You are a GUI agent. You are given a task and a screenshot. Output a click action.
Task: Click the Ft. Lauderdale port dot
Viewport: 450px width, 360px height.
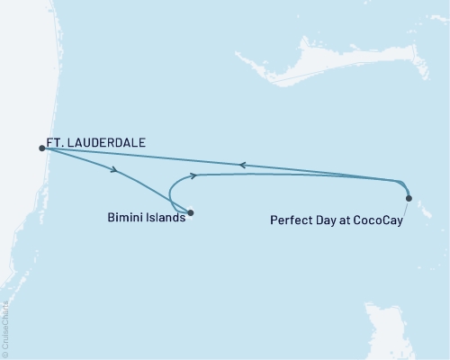[41, 148]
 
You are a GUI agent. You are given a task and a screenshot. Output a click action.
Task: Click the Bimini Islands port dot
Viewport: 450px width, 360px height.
[190, 213]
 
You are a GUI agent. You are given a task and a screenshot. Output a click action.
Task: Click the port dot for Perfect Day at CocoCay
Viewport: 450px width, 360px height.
[409, 198]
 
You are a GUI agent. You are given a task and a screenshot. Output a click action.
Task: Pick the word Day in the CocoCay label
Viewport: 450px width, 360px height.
[328, 218]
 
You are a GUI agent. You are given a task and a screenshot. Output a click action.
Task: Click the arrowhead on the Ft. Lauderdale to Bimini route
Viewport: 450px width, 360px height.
[114, 169]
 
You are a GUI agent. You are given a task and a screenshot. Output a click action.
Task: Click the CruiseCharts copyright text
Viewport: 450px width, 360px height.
[7, 327]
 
